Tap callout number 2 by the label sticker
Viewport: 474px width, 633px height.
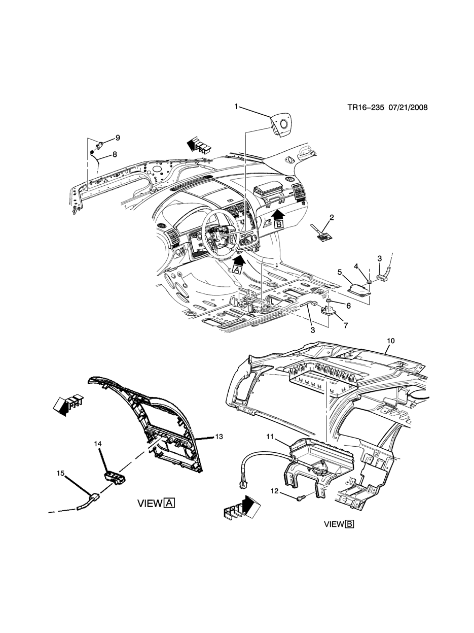click(332, 218)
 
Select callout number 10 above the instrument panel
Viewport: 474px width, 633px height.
click(390, 341)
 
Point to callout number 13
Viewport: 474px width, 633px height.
click(218, 437)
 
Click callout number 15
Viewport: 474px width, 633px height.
click(60, 473)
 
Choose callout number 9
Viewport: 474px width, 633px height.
click(117, 138)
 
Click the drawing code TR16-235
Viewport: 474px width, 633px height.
click(365, 108)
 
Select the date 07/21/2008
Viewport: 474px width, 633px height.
click(408, 108)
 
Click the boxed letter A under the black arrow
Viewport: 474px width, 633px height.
click(236, 271)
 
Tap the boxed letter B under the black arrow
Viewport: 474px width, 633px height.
click(278, 223)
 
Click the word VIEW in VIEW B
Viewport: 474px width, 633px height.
click(334, 524)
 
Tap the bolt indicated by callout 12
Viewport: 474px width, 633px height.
click(300, 498)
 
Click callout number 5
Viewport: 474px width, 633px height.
click(340, 272)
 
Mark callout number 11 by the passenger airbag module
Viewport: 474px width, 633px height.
click(270, 437)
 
